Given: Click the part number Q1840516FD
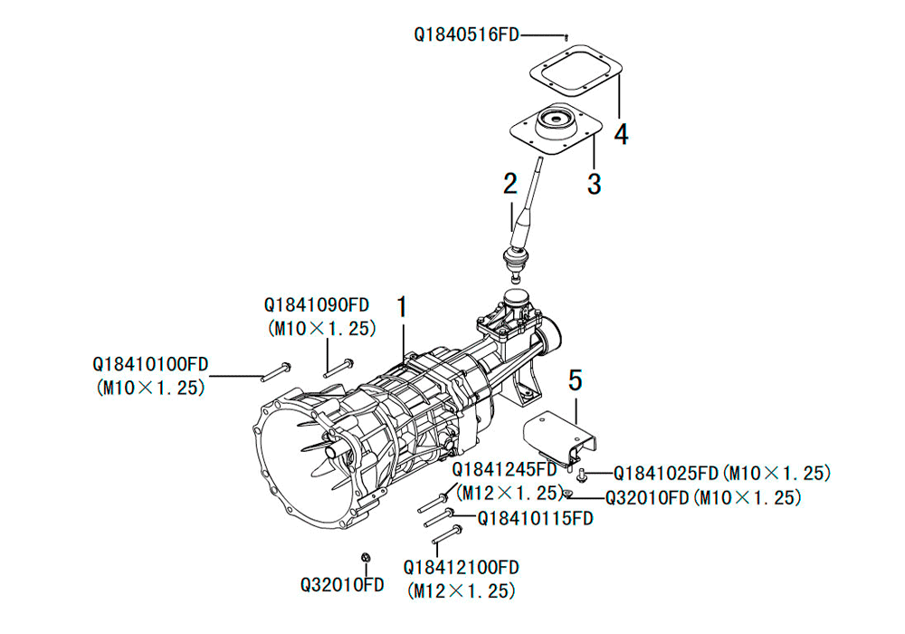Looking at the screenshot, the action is point(466,34).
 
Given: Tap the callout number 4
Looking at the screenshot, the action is point(621,134).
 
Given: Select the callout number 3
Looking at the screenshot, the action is point(594,184).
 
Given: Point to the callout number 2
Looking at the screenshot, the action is point(510,184).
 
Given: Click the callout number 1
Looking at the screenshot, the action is point(402,307).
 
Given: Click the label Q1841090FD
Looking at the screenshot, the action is point(317,305).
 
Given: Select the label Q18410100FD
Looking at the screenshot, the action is point(150,364).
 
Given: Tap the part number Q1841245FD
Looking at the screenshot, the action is point(504,469).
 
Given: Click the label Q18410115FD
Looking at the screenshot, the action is point(535,518).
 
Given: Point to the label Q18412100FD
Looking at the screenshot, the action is point(462,568).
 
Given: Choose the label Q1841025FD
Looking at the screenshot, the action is point(665,474).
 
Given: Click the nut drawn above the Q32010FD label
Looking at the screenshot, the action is point(366,558).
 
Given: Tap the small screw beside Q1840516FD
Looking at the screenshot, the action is point(567,37).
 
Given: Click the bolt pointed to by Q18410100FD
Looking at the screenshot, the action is point(275,372).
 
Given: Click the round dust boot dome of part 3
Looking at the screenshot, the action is point(556,125).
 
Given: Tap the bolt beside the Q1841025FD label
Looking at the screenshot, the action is point(582,475).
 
